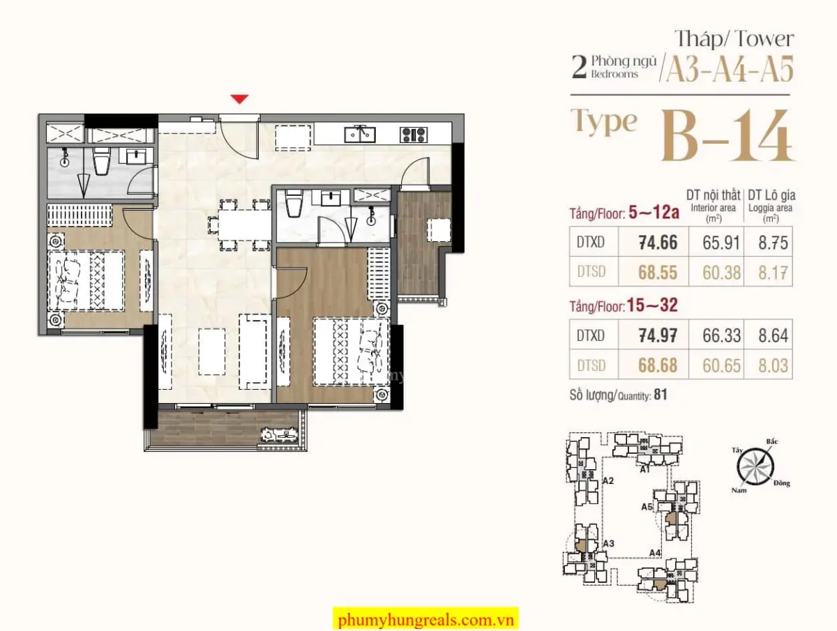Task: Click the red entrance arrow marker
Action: tap(239, 99)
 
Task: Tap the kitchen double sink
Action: tap(359, 135)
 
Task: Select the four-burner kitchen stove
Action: tap(414, 135)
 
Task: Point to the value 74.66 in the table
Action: tap(658, 243)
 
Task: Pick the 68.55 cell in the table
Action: tap(658, 272)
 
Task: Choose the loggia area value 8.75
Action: tap(773, 243)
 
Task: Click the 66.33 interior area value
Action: tap(721, 335)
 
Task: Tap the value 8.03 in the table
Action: tap(773, 365)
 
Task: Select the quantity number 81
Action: tap(661, 395)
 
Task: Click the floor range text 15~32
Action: tap(652, 305)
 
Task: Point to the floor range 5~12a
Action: tap(654, 213)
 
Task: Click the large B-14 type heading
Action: tap(727, 136)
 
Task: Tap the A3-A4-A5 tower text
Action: tap(730, 69)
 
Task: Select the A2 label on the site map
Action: tap(608, 481)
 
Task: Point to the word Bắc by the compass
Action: tap(772, 441)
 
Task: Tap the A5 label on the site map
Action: tap(647, 507)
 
